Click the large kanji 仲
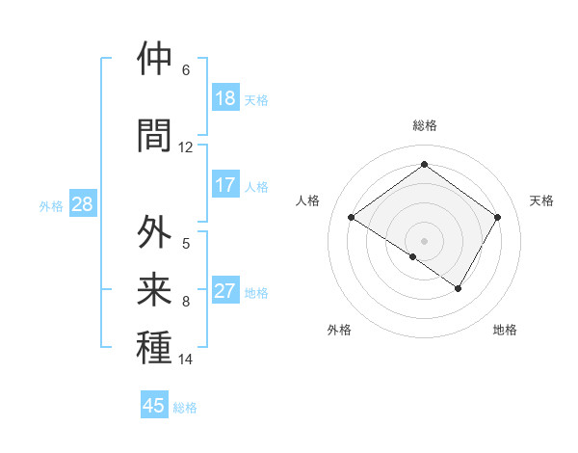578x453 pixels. click(155, 59)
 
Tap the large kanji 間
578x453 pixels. click(155, 134)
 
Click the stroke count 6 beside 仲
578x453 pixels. click(186, 70)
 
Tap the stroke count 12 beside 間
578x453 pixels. click(186, 147)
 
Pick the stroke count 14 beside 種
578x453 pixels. click(186, 360)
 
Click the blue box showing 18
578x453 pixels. click(225, 98)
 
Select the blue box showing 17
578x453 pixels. click(225, 185)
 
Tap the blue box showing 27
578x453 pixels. click(225, 291)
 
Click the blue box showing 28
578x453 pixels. click(82, 204)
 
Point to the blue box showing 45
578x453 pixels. click(154, 406)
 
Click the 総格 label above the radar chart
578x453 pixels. click(424, 125)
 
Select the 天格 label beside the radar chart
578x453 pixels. click(542, 200)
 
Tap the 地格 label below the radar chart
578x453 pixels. click(505, 330)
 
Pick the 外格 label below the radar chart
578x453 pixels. click(339, 330)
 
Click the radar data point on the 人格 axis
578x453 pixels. click(351, 218)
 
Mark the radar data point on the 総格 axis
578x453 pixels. click(424, 164)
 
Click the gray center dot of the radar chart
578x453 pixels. click(424, 240)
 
